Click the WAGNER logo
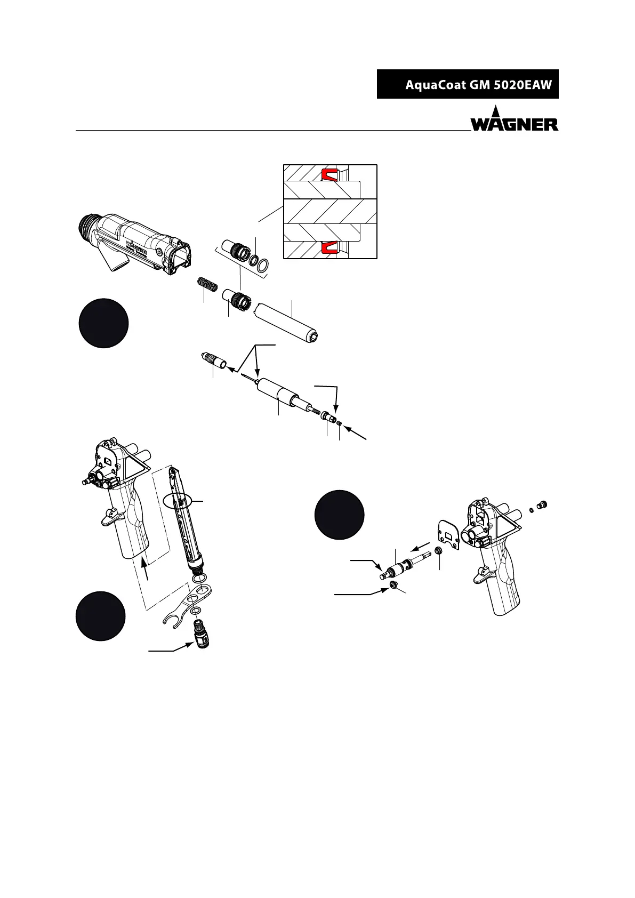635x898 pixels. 515,119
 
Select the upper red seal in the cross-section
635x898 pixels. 329,175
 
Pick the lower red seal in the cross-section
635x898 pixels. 329,248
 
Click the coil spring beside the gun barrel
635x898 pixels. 207,284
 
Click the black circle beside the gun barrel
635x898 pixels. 103,323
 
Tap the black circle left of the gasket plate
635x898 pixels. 339,515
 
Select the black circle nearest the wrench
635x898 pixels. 101,616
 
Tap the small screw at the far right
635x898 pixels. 543,504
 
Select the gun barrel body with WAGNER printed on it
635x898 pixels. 135,245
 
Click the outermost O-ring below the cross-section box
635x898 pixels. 262,266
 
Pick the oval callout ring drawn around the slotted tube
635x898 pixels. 179,501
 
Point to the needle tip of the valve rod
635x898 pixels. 242,375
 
